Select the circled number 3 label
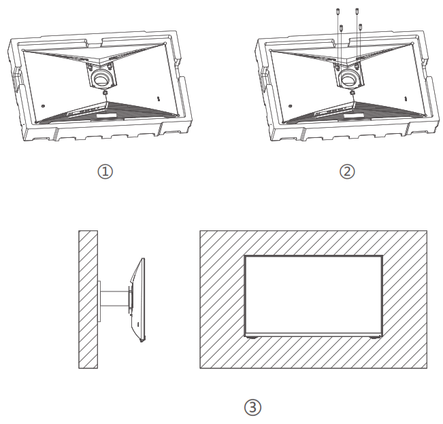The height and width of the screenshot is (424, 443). (x=252, y=407)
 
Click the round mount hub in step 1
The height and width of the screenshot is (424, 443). (x=101, y=78)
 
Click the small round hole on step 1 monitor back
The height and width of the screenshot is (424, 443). (x=42, y=105)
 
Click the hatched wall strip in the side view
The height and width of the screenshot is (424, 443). (x=88, y=300)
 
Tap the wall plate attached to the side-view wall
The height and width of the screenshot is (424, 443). (x=99, y=300)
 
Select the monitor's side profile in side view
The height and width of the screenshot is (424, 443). (x=140, y=299)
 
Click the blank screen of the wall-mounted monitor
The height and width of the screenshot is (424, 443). (x=313, y=295)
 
